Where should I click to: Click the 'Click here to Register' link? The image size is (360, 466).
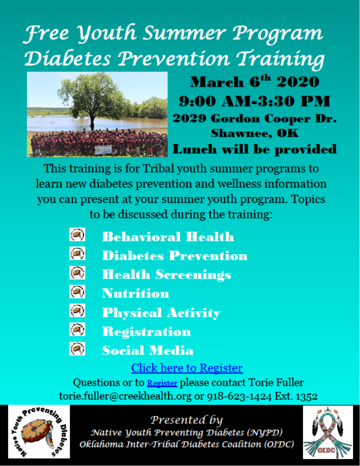coord(187,368)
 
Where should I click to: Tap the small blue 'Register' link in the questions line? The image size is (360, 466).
coord(162,383)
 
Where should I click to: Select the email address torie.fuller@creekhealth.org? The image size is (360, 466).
coord(125,396)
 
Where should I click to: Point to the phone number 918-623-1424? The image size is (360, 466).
coord(239,396)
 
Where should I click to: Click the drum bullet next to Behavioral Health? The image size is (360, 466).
coord(77,235)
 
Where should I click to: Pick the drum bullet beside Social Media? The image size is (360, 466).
coord(77,349)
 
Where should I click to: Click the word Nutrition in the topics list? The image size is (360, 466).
coord(136,293)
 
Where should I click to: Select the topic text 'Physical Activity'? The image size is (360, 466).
coord(161,313)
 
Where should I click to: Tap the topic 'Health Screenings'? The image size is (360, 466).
coord(166,275)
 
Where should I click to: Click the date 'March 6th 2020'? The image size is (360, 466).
coord(255,81)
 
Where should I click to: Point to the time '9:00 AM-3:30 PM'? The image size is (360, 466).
coord(255,101)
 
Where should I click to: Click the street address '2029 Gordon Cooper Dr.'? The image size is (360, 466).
coord(255,118)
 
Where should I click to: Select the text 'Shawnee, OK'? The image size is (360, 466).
coord(255,133)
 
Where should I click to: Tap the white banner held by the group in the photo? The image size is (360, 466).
coord(103,150)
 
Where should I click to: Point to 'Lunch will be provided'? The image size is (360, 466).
coord(255,149)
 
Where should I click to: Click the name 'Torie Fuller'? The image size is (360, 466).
coord(276,382)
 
